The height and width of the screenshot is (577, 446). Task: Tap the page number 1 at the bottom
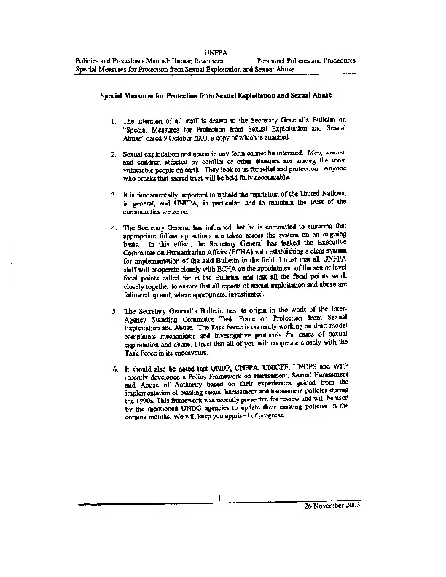point(218,498)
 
